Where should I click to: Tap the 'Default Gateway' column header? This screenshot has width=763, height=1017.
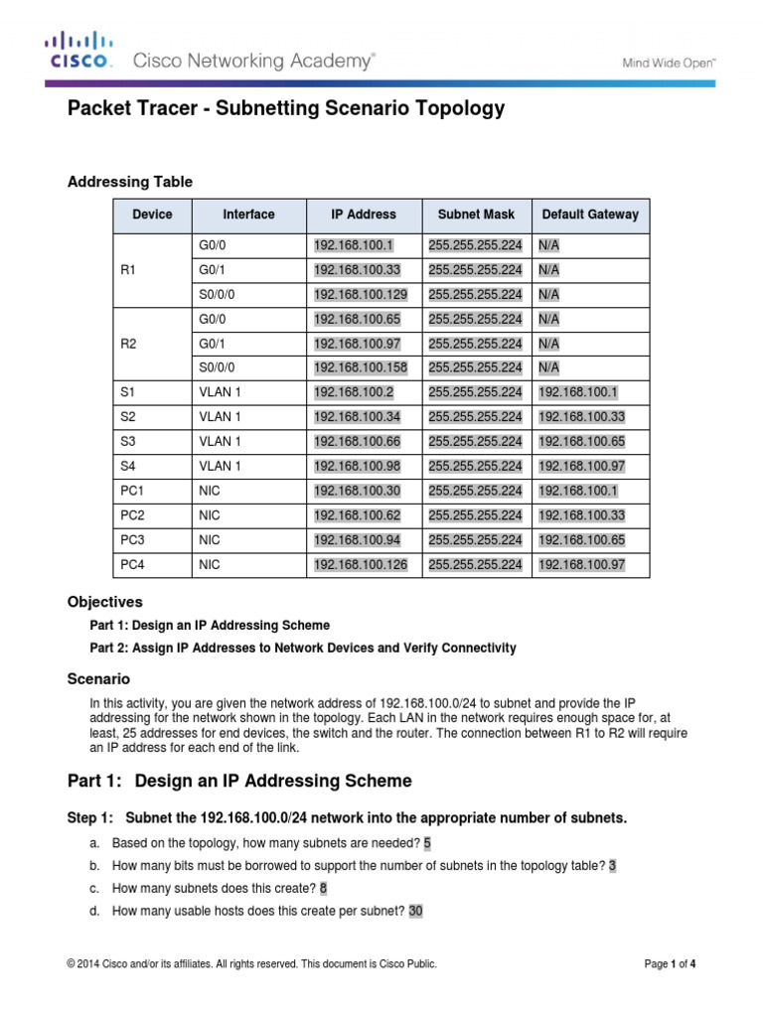[590, 215]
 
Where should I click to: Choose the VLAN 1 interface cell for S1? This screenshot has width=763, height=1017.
[220, 393]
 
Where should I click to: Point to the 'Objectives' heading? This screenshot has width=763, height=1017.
[104, 602]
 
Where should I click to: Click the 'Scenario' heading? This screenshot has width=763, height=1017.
[97, 679]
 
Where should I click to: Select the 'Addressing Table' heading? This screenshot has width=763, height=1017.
[129, 182]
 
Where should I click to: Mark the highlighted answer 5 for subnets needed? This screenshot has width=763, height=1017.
[427, 843]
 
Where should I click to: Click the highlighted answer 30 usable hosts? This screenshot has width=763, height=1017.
[414, 911]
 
